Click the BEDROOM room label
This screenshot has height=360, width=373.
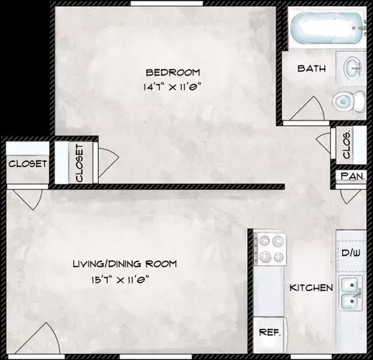click(173, 72)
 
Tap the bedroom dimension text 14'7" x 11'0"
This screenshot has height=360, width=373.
click(173, 87)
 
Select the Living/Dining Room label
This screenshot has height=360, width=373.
click(124, 264)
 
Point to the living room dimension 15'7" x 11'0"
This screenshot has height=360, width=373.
click(121, 280)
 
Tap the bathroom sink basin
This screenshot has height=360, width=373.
click(353, 68)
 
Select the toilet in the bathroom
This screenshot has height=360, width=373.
click(349, 101)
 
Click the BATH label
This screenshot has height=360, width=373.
click(312, 68)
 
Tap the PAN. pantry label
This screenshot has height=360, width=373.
click(353, 177)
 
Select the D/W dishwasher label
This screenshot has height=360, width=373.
click(351, 253)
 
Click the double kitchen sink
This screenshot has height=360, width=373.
click(350, 292)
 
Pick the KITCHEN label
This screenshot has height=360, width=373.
click(311, 288)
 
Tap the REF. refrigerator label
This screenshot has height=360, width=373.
click(270, 332)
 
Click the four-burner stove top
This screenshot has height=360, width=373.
click(270, 249)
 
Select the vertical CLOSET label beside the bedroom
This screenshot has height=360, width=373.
click(79, 163)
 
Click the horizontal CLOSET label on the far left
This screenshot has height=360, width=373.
click(27, 163)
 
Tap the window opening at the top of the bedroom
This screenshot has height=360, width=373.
click(166, 3)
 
